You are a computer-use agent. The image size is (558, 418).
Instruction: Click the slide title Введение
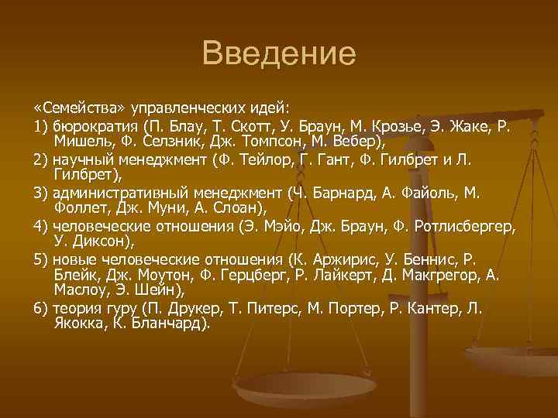[x=278, y=53]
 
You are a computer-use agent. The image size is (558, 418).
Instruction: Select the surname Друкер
[x=198, y=309]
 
